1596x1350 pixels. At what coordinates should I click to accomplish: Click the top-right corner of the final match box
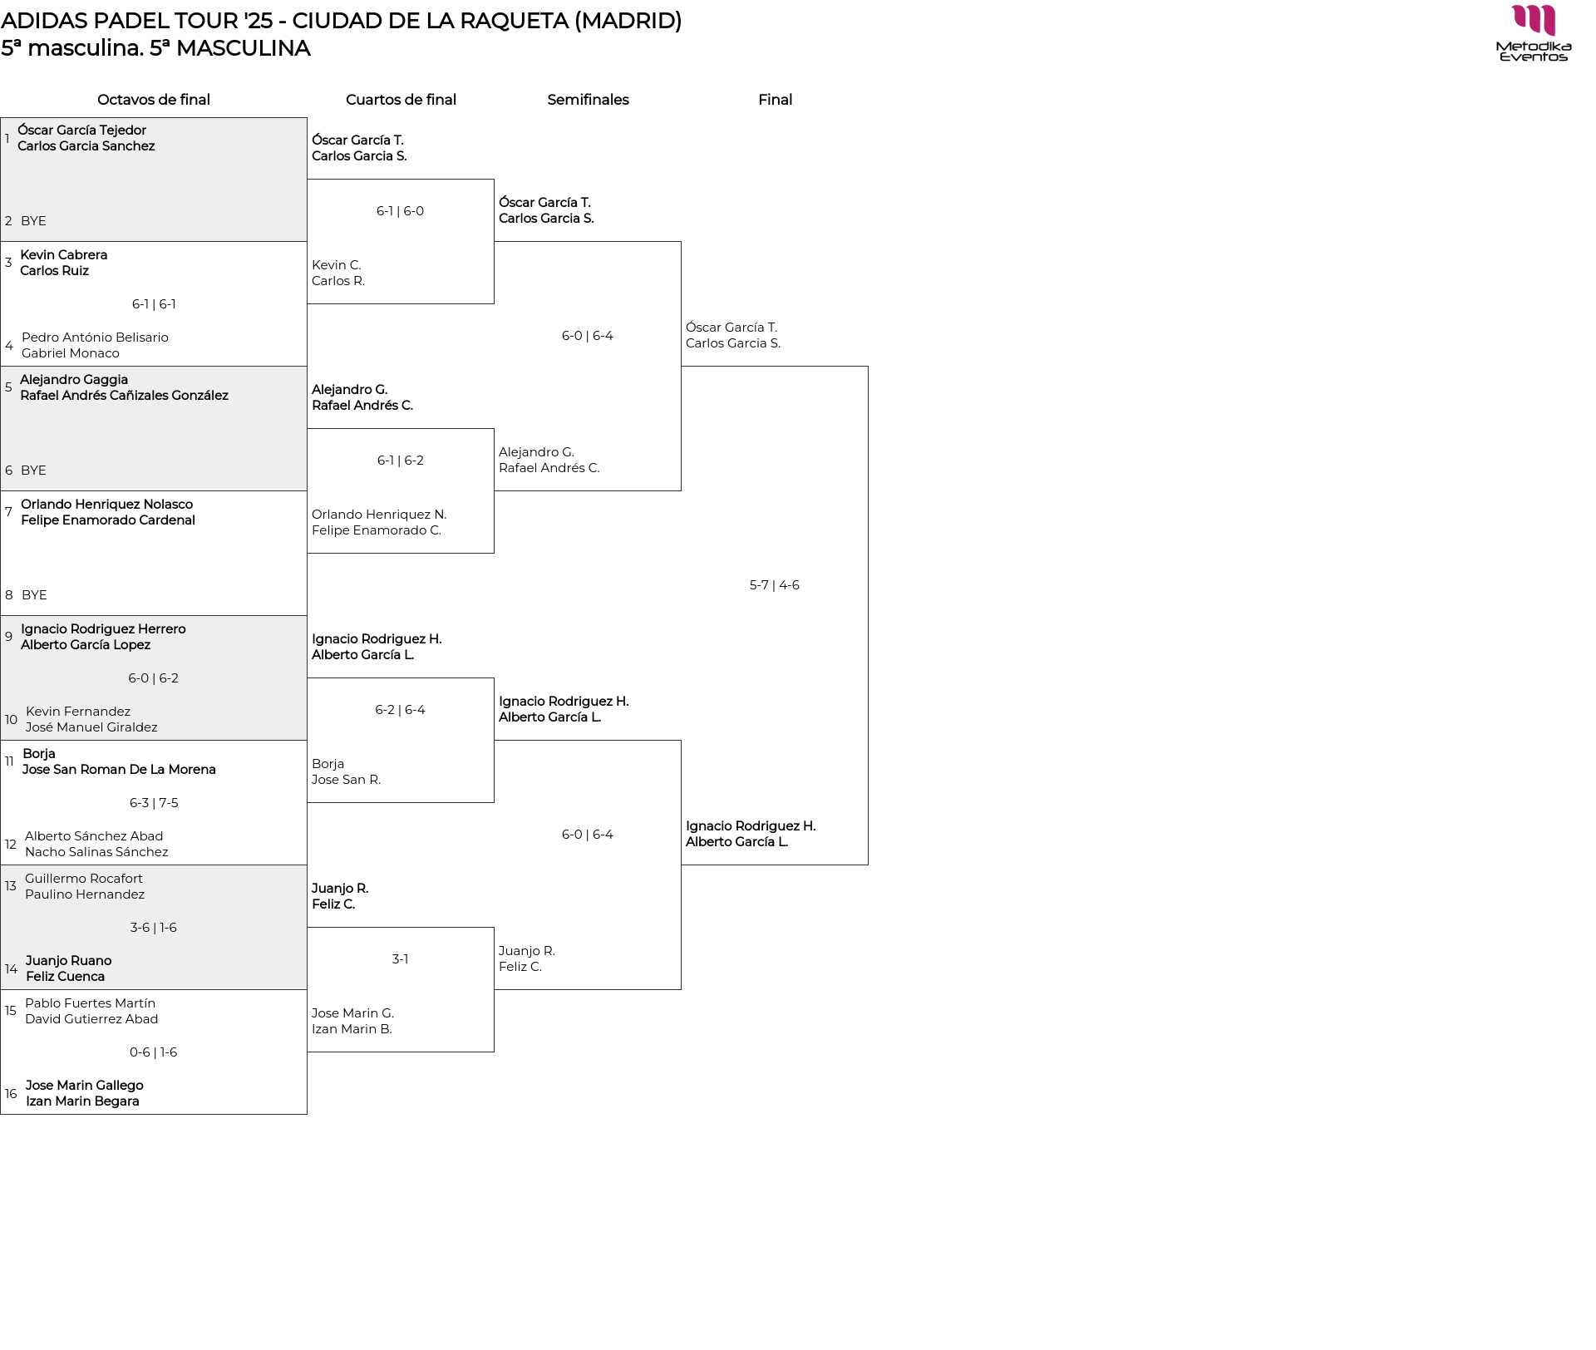(868, 367)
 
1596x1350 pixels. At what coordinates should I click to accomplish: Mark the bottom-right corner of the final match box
(868, 865)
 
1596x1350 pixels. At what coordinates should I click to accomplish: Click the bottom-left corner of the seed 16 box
(1, 1114)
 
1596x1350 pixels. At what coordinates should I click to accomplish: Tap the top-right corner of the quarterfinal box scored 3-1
(494, 928)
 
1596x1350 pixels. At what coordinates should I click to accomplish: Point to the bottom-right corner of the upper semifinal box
(681, 490)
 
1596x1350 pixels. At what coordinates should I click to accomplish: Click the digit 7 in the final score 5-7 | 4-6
(764, 585)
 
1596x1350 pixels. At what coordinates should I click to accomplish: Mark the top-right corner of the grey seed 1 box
(307, 118)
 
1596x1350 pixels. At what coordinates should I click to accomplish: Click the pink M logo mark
(1534, 21)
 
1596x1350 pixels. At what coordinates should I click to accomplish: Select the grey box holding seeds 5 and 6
(154, 429)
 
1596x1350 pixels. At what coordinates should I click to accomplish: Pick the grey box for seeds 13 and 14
(154, 928)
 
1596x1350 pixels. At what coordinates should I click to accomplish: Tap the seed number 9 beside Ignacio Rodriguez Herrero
(9, 637)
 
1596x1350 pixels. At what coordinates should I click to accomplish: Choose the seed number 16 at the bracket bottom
(11, 1094)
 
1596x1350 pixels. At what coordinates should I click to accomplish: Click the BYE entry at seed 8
(34, 595)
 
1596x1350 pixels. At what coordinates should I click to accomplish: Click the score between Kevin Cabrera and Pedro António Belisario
(154, 304)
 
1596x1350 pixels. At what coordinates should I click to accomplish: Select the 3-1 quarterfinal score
(400, 959)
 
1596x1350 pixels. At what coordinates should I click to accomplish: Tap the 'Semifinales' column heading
(588, 100)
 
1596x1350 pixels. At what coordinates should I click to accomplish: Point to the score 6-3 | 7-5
(154, 803)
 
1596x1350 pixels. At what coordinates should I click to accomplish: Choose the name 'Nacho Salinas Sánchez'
(96, 852)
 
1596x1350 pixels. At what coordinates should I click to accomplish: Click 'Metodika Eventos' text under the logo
(1534, 52)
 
